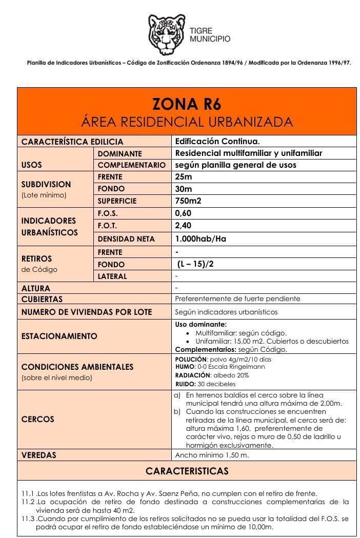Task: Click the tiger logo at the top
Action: tap(167, 35)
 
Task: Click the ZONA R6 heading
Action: tap(187, 104)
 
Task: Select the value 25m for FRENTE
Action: tap(184, 177)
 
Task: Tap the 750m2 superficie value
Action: tap(188, 201)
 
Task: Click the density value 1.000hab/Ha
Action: tap(201, 238)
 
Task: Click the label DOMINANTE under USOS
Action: tap(119, 153)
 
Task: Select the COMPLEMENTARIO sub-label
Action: tap(131, 165)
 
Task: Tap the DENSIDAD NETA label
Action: tap(126, 238)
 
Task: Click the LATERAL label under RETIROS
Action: tap(112, 276)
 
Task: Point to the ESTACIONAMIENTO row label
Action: tap(59, 336)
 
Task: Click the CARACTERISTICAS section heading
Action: tap(187, 471)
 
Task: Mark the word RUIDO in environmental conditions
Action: tap(185, 384)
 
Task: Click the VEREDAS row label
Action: tap(39, 455)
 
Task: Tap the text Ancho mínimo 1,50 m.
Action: tap(212, 455)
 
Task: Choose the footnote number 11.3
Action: tap(28, 519)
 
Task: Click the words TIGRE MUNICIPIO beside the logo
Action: tap(210, 35)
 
